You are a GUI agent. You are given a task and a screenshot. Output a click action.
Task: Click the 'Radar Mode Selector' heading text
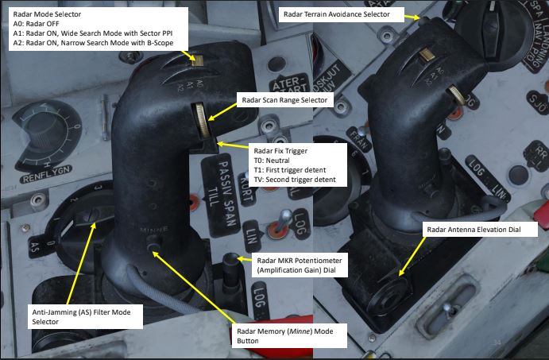(47, 14)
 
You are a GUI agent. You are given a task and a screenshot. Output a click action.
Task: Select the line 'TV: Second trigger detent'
(293, 180)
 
